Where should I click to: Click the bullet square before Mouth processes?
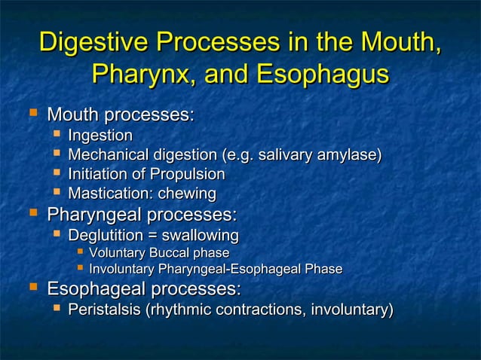pos(32,114)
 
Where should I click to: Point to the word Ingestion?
pos(100,136)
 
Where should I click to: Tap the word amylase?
pos(350,156)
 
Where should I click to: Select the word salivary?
pos(287,156)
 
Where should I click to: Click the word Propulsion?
pos(189,175)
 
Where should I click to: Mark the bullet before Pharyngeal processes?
pos(32,214)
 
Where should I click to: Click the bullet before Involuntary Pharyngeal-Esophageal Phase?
pos(80,268)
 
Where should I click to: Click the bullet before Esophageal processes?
pos(32,288)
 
